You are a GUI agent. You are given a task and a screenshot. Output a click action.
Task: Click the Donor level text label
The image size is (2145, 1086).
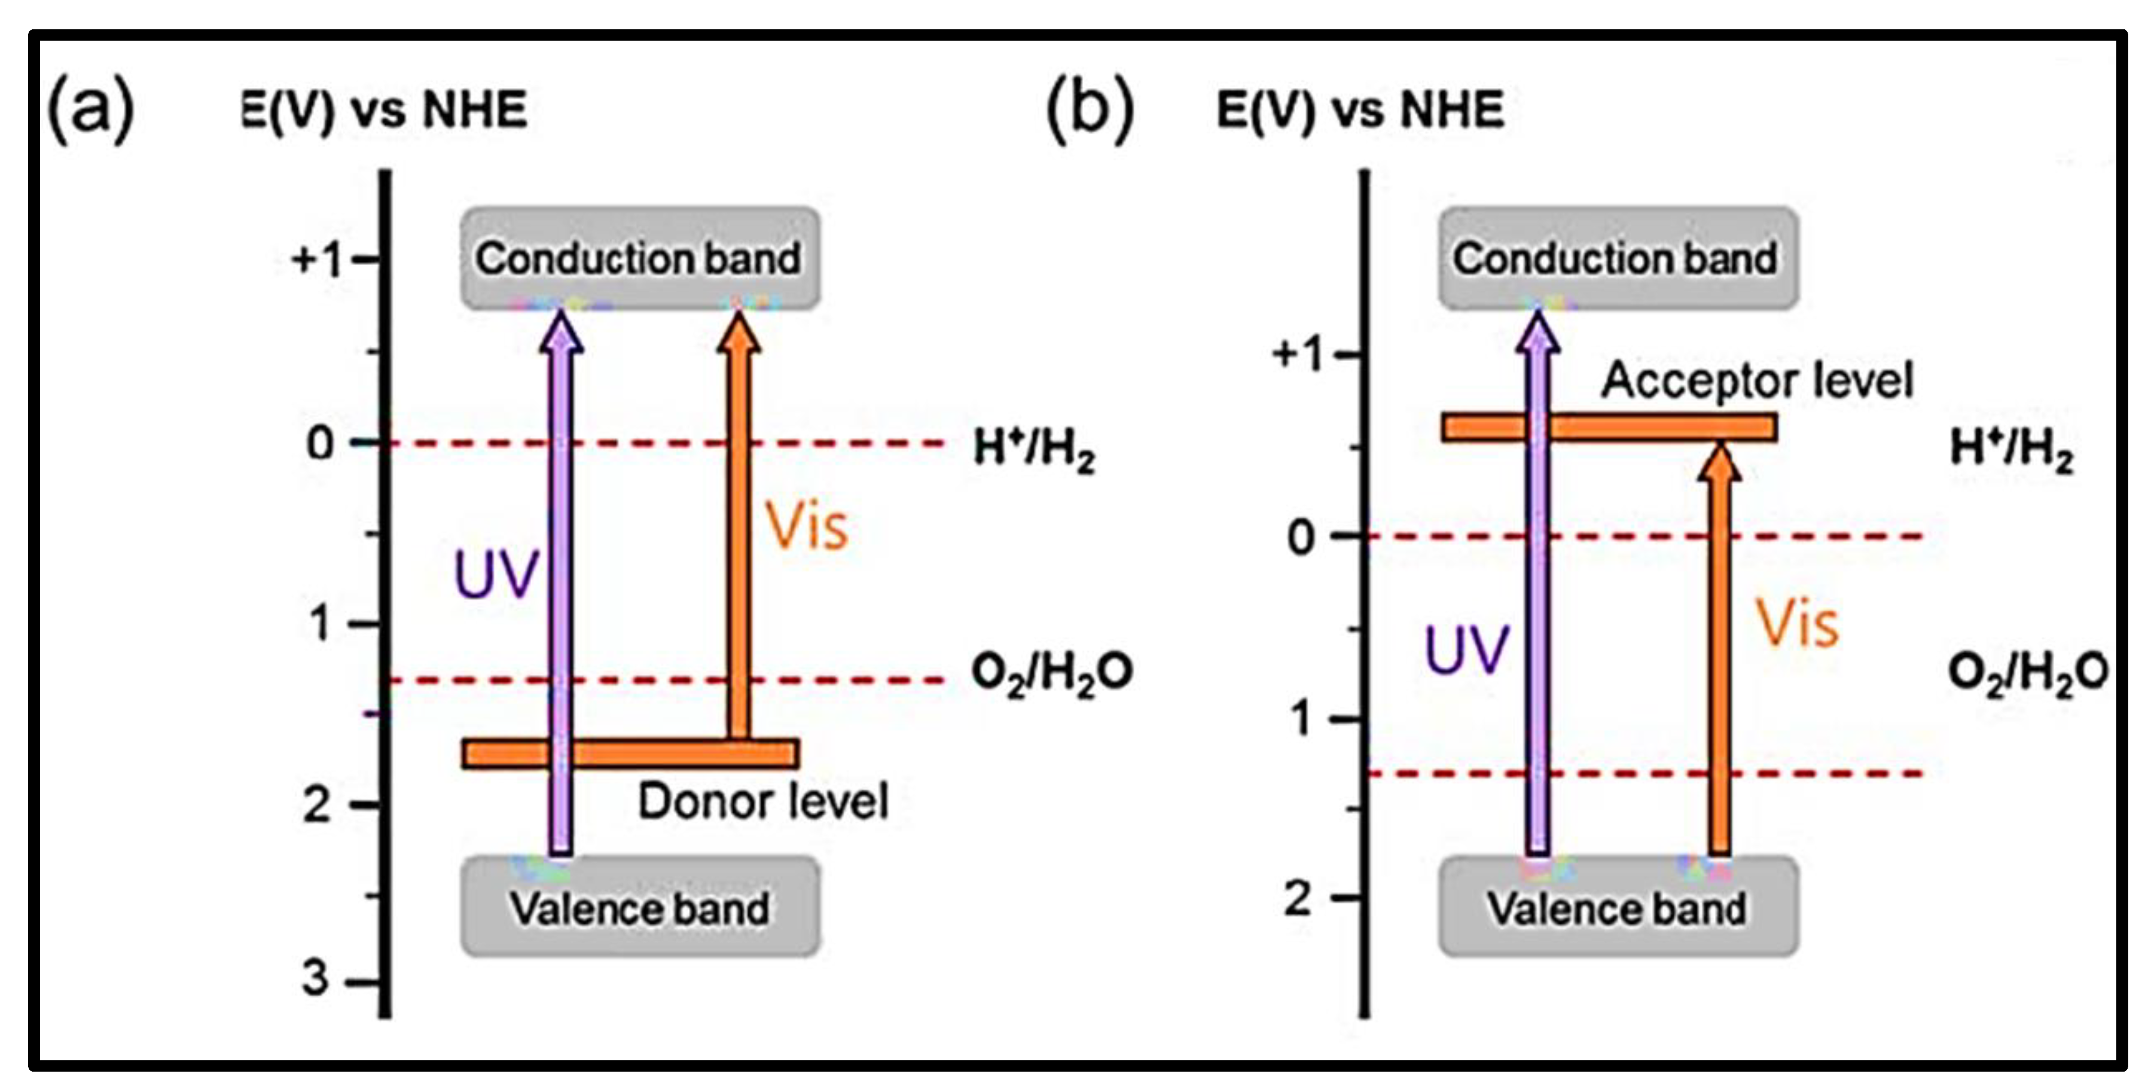tap(763, 802)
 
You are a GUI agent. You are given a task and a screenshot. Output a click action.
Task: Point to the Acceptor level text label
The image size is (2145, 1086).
tap(1757, 380)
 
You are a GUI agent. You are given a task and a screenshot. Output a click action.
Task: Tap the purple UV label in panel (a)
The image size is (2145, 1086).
tap(496, 575)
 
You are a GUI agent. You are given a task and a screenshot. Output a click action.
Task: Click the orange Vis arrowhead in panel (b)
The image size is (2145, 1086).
tap(1719, 462)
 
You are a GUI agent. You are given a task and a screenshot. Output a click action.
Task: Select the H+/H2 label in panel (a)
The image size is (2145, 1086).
tap(1034, 450)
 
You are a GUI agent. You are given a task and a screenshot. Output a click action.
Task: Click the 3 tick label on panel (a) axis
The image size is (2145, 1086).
tap(316, 978)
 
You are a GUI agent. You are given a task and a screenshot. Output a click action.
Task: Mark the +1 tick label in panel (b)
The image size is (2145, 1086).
tap(1297, 355)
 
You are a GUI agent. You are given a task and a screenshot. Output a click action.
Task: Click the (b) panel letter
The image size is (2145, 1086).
tap(1089, 109)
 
